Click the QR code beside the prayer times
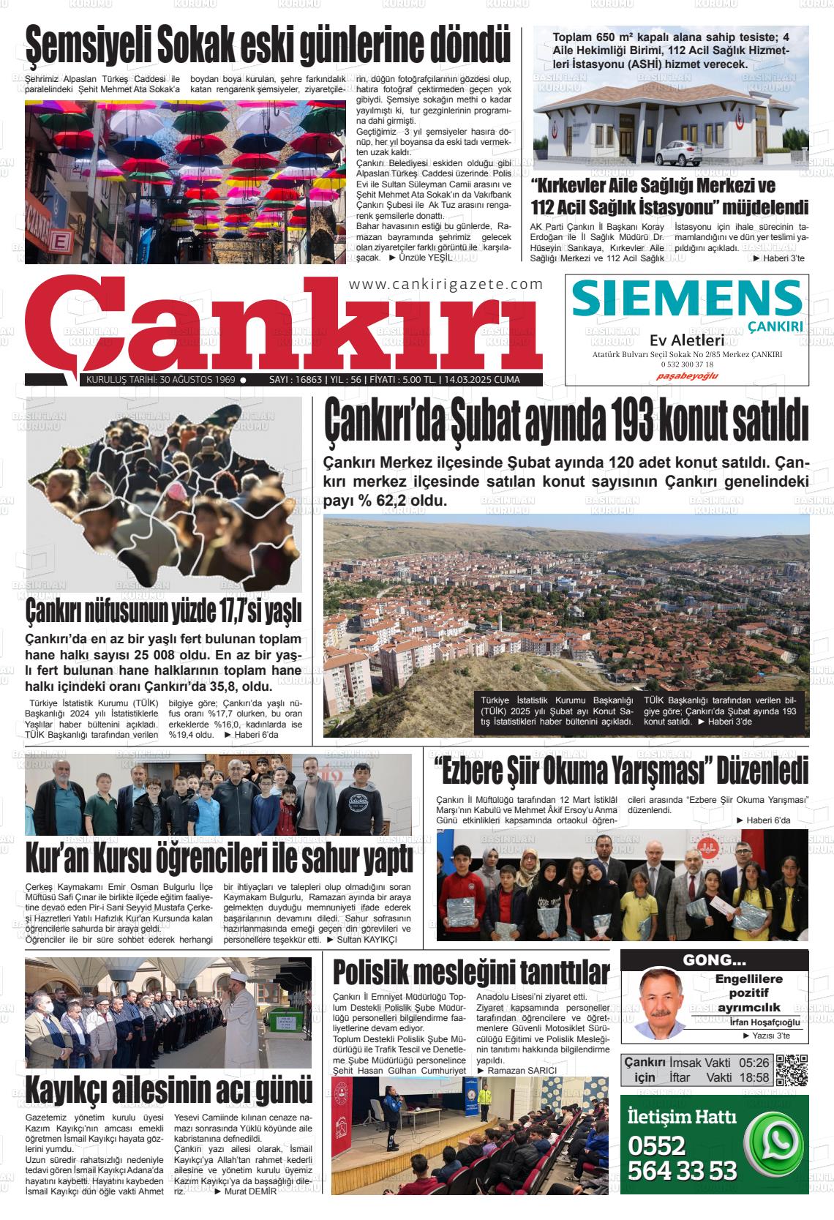(792, 1070)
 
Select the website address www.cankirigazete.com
(446, 285)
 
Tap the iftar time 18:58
(754, 1077)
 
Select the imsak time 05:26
(754, 1062)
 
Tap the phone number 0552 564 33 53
(682, 1158)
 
